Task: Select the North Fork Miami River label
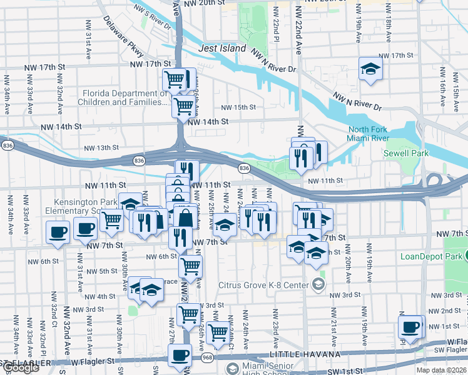pos(369,134)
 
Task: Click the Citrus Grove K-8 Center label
pos(263,286)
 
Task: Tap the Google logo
pos(20,367)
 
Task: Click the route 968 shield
pos(208,357)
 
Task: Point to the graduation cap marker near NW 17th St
pos(370,70)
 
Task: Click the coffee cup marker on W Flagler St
pos(180,356)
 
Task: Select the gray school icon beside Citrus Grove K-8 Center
pos(318,286)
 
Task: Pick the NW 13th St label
pos(101,147)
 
